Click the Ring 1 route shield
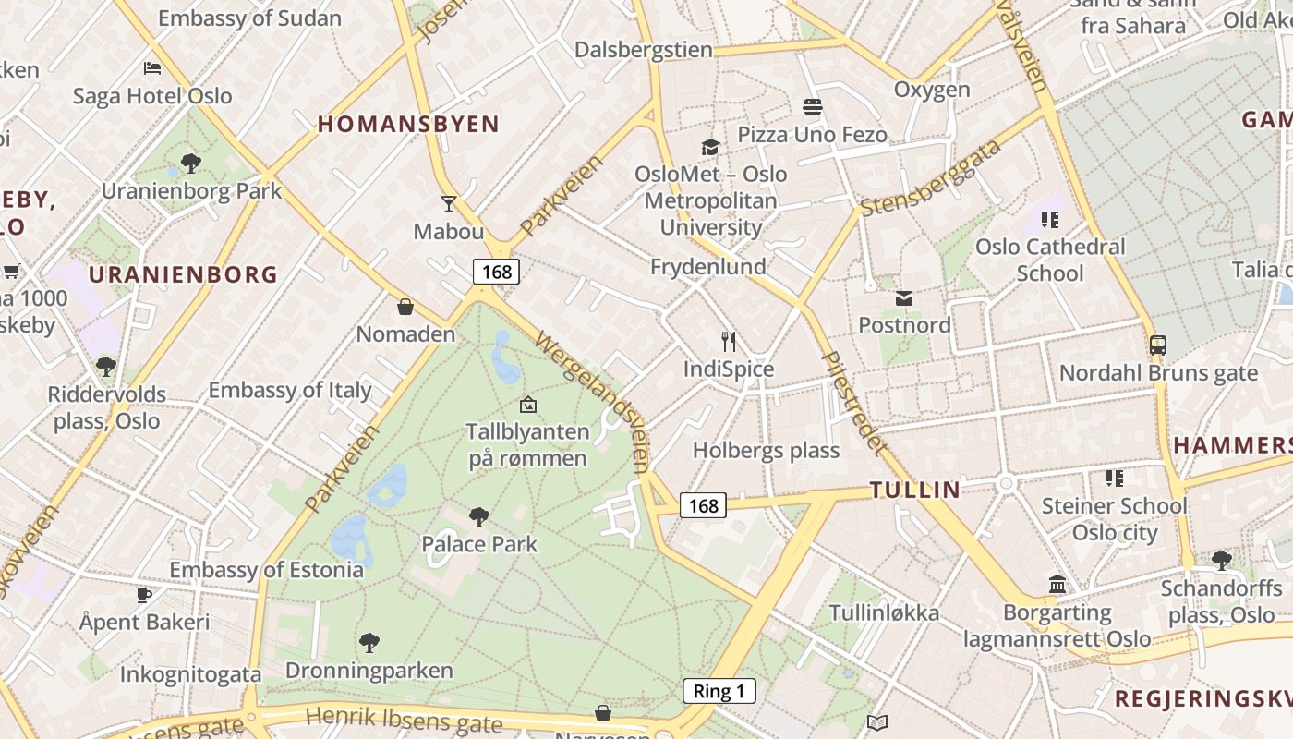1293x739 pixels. [x=719, y=691]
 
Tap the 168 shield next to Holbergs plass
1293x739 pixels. [x=703, y=505]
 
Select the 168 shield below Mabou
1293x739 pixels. [x=496, y=272]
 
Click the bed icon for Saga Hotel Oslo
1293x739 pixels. [x=153, y=68]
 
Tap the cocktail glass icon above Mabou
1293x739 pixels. [x=449, y=204]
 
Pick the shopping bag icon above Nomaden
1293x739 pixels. [x=405, y=307]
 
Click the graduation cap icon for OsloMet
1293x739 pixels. [x=710, y=147]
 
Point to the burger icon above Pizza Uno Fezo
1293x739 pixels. [x=813, y=107]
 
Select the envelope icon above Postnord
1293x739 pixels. [x=904, y=298]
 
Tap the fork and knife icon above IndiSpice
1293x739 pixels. [x=729, y=342]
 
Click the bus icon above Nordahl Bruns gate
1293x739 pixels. [x=1158, y=345]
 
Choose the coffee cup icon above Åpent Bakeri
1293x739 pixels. [x=144, y=595]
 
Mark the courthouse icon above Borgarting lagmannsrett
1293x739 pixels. [x=1057, y=585]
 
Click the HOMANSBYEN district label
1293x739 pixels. [x=408, y=124]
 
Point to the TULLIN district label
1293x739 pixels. [x=914, y=490]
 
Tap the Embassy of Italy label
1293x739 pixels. [x=290, y=390]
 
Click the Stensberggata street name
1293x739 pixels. [x=930, y=178]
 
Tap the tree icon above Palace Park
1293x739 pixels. [x=478, y=516]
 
